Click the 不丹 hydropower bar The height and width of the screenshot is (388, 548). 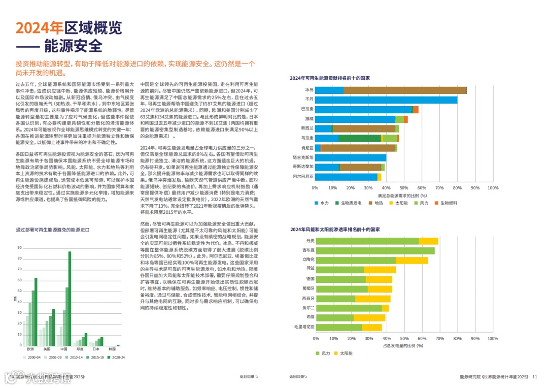pyautogui.click(x=386, y=100)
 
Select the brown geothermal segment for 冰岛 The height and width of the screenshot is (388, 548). pyautogui.click(x=405, y=90)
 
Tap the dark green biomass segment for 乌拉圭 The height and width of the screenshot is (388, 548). pyautogui.click(x=359, y=138)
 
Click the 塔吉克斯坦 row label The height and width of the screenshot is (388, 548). pyautogui.click(x=304, y=157)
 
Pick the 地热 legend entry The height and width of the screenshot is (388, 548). pyautogui.click(x=379, y=203)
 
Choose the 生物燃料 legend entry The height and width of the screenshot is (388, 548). pyautogui.click(x=449, y=203)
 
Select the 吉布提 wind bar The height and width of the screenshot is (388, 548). pyautogui.click(x=375, y=250)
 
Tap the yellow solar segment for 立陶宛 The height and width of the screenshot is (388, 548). pyautogui.click(x=412, y=260)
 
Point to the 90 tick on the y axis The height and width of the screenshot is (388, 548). pyautogui.click(x=19, y=248)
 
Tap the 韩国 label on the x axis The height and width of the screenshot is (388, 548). pyautogui.click(x=112, y=349)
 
